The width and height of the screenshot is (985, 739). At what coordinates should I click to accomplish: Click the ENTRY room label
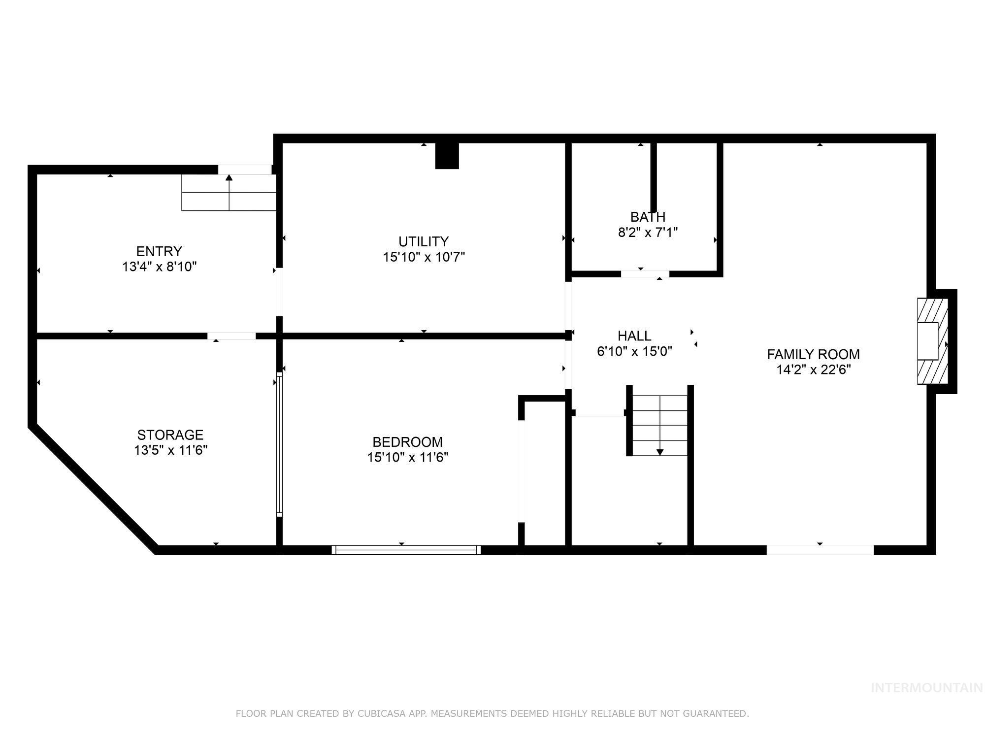159,251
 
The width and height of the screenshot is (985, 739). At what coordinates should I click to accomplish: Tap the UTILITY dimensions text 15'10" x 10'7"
424,257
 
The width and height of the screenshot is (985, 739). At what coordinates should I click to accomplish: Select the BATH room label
648,217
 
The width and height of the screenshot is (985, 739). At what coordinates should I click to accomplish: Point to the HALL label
634,336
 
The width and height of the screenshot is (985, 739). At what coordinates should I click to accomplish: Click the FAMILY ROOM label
813,354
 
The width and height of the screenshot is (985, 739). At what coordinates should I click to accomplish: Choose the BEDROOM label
407,442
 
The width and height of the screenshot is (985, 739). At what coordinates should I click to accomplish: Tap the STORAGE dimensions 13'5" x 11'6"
170,450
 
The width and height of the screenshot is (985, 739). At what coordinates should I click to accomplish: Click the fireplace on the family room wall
932,341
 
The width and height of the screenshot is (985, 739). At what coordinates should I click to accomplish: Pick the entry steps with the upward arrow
229,193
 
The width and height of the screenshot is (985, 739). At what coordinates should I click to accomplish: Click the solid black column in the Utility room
447,156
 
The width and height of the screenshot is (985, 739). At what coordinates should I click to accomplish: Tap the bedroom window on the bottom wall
406,550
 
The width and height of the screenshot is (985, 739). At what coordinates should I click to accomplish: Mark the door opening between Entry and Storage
231,336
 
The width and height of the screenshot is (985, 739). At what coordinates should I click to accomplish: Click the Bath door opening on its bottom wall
645,274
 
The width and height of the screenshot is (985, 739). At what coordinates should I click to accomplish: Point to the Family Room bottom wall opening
820,550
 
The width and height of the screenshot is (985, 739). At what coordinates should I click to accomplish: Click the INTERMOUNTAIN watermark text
926,688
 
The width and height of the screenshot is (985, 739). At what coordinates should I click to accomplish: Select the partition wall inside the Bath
654,177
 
